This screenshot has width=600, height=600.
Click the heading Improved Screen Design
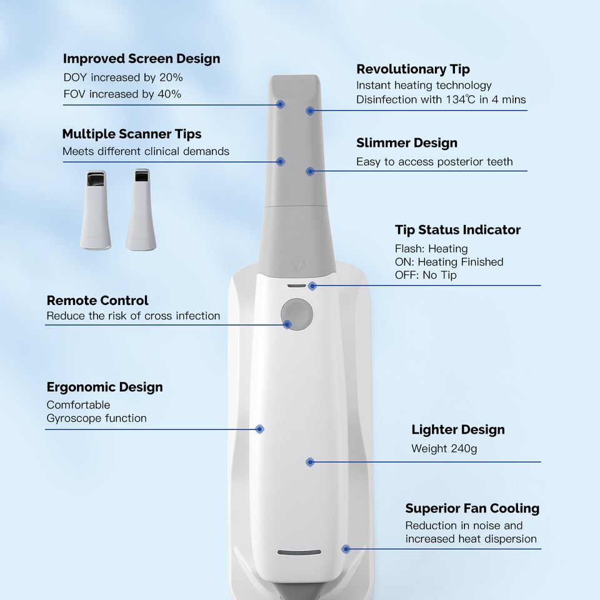[141, 59]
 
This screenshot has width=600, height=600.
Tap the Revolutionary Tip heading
[413, 69]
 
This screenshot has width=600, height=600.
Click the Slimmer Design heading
[407, 143]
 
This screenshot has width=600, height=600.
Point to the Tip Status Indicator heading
[457, 230]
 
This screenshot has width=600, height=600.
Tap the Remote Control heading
[97, 301]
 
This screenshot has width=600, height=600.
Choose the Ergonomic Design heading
[104, 387]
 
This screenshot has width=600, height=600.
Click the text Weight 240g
[444, 448]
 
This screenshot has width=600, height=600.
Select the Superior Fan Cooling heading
[472, 508]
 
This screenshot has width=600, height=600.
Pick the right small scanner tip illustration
[139, 209]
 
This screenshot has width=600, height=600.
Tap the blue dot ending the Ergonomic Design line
[260, 429]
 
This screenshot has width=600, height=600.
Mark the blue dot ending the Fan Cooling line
[345, 549]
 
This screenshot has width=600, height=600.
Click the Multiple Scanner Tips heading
[131, 134]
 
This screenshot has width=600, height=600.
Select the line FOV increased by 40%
[122, 94]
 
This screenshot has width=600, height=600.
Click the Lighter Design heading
[457, 429]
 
